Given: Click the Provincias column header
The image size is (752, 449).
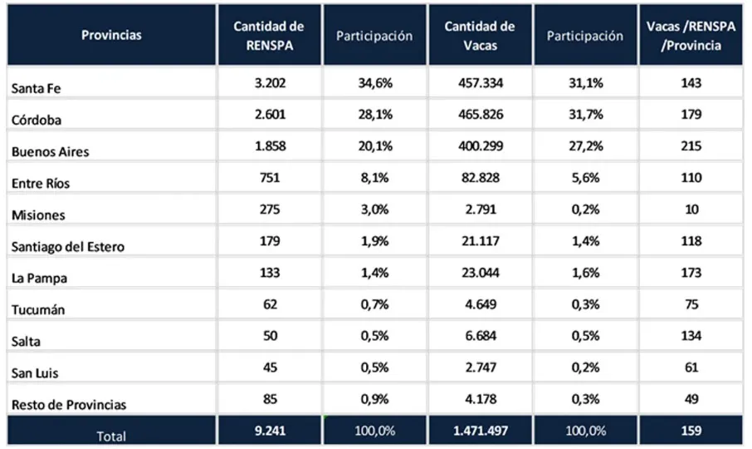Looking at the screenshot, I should click(111, 35).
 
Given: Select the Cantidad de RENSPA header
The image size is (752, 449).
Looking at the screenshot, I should click(268, 36).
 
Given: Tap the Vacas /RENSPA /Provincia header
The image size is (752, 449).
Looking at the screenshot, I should click(690, 36).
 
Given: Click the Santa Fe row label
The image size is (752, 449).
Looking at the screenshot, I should click(32, 90).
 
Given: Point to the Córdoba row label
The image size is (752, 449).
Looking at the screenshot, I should click(33, 121).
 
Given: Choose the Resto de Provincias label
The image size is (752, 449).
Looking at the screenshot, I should click(69, 405).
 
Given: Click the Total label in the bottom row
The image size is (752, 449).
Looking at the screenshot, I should click(111, 433).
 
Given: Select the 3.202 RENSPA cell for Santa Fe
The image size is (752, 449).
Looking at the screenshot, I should click(268, 83).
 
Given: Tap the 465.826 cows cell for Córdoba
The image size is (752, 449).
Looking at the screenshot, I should click(479, 115).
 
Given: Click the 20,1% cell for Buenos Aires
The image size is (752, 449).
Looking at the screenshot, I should click(374, 146).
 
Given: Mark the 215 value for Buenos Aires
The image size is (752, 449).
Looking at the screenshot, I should click(690, 146).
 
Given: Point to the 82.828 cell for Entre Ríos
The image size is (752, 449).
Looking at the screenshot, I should click(479, 178).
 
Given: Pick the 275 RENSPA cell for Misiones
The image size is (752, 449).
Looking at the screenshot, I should click(268, 210).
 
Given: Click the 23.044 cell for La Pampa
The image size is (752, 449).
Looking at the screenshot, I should click(479, 273).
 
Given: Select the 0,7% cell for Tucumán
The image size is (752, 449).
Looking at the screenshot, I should click(374, 304).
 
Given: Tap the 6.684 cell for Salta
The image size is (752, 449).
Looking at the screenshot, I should click(479, 336).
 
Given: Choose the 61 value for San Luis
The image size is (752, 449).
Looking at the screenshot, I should click(690, 368).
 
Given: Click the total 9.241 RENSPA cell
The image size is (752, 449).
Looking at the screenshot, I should click(268, 432).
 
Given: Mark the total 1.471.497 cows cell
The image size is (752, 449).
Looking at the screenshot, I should click(479, 432).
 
